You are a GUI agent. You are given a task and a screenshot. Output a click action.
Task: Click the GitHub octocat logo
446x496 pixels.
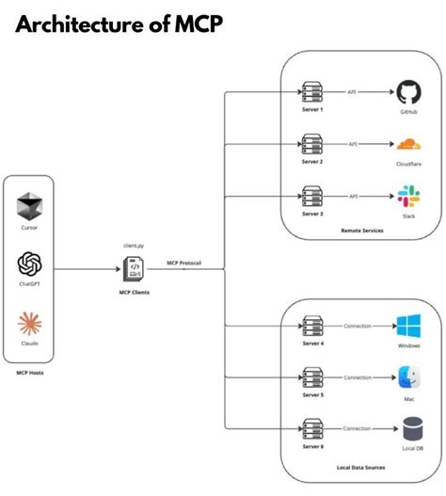pos(408,92)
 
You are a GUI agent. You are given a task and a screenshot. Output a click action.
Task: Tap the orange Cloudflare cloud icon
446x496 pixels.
pos(408,145)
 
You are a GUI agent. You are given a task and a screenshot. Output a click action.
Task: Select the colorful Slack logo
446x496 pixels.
pos(408,197)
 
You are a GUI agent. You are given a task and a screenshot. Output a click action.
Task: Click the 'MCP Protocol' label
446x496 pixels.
pos(185,263)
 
